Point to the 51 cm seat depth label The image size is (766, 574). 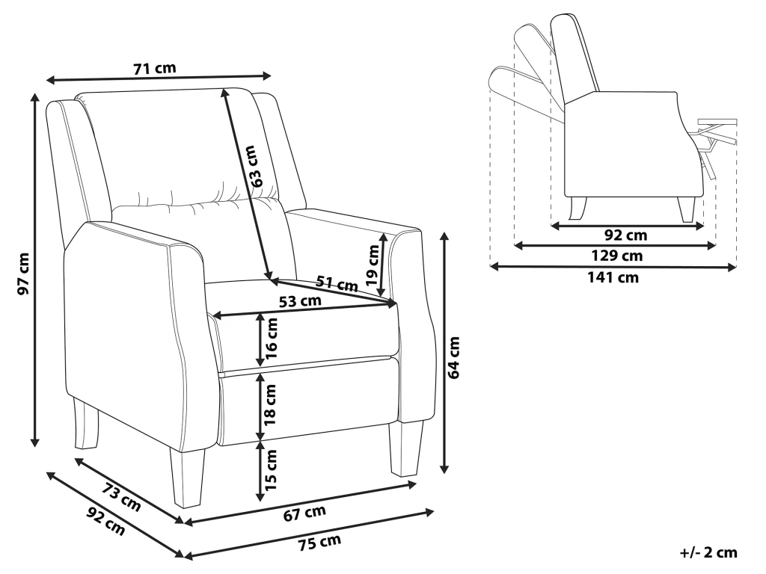pos(337,283)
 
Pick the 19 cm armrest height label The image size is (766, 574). pos(373,264)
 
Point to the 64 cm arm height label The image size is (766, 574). pos(456,358)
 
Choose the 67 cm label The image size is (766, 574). pos(306,512)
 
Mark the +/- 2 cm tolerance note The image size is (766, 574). pos(708,553)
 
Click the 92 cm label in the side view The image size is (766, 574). pos(625,235)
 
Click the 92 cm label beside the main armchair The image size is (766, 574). pos(105,524)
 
